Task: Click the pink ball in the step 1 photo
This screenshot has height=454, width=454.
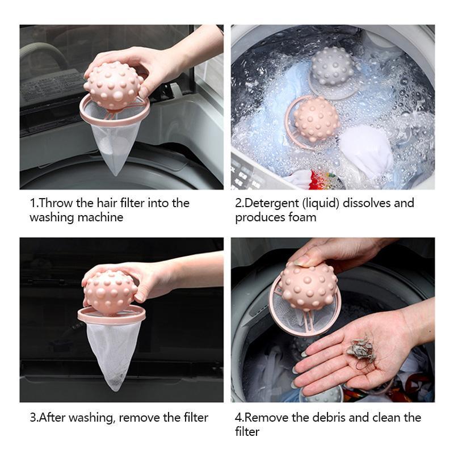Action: (113, 85)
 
